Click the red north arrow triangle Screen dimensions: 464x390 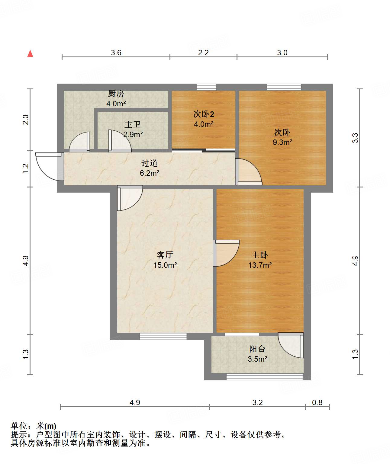coord(30,54)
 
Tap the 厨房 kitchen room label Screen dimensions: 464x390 coord(116,94)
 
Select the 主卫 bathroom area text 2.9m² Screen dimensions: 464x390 coord(133,134)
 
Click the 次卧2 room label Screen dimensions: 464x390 coord(204,114)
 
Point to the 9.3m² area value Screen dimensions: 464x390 coord(282,142)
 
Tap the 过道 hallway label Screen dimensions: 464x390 coord(150,163)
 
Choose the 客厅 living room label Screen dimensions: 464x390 coord(165,255)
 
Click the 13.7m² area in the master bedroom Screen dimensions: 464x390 coord(260,265)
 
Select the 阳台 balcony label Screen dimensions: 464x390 coord(257,349)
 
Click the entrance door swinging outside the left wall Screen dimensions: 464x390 coord(47,166)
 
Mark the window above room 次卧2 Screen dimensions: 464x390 coord(207,87)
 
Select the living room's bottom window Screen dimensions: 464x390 coord(163,336)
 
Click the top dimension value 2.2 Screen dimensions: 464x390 coord(203,53)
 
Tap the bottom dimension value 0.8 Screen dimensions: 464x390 coord(317,402)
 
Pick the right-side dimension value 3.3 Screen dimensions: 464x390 coord(355,138)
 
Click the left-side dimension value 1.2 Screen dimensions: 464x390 coord(26,168)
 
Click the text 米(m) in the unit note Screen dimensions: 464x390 coord(46,426)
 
